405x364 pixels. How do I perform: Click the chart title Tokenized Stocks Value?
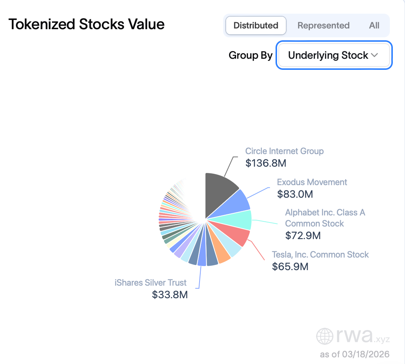pos(86,25)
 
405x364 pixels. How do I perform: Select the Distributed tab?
pos(256,25)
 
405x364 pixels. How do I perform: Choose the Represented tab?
pos(323,25)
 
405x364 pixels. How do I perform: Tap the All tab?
pos(374,25)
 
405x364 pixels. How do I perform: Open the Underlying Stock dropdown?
pos(333,55)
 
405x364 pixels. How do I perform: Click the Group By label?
pos(250,55)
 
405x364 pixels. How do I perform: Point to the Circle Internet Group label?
pos(284,151)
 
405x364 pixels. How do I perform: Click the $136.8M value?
pos(266,163)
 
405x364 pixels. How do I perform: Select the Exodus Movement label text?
pos(312,182)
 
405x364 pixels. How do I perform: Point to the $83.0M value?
pos(295,194)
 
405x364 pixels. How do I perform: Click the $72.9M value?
pos(303,235)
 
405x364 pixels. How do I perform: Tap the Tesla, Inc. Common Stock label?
pos(320,255)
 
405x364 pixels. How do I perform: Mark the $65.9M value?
pos(290,266)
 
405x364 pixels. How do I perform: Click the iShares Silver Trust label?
pos(150,283)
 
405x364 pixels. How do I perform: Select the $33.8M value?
pos(170,295)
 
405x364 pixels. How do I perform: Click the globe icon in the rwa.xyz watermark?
pos(325,336)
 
